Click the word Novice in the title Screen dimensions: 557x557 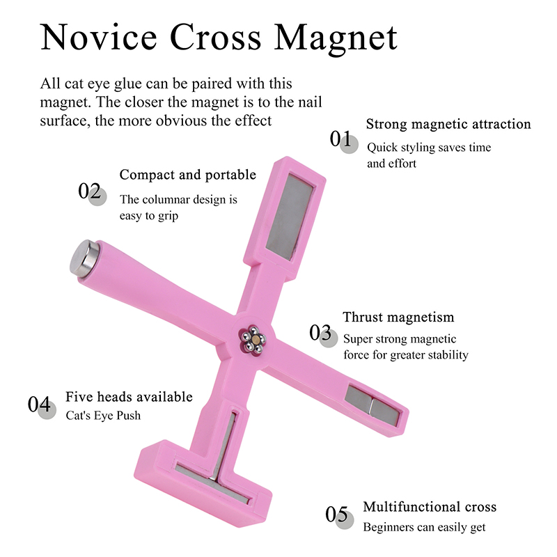(99, 37)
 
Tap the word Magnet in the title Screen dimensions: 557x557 (336, 39)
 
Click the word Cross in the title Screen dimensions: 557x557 (216, 37)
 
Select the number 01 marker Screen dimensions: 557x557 (343, 141)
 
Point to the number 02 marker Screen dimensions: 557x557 (92, 193)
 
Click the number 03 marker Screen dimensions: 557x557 (323, 335)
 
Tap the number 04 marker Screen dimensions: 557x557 (42, 407)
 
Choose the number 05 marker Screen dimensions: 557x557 (340, 517)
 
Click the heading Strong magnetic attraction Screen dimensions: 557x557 (448, 125)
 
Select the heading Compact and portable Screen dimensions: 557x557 (187, 175)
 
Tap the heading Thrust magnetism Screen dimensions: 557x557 (398, 317)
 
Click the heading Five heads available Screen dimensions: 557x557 (129, 397)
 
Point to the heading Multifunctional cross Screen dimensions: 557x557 (430, 507)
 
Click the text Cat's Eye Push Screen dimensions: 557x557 (103, 416)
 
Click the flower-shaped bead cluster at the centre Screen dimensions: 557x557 (252, 339)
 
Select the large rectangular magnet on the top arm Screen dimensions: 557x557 (289, 217)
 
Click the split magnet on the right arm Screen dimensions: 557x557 (372, 405)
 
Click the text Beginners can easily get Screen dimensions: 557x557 (424, 528)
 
